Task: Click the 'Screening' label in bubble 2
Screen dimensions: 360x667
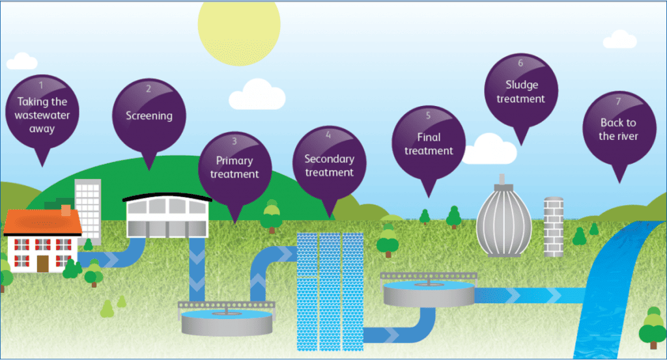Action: [149, 116]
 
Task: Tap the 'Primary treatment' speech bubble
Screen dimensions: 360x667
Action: [234, 167]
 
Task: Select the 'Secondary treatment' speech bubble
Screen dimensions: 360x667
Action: [330, 165]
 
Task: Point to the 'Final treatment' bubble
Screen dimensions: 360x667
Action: [429, 143]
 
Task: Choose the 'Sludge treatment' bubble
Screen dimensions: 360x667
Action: [520, 92]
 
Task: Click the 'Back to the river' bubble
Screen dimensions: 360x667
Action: [619, 129]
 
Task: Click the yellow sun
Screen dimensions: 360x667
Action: [239, 26]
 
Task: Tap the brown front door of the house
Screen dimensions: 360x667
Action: [43, 263]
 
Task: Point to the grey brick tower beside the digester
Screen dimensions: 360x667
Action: [553, 226]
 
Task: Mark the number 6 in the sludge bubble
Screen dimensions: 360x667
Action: [520, 63]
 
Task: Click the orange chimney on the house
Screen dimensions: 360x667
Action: [66, 209]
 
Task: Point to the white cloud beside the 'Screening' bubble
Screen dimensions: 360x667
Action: [257, 95]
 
